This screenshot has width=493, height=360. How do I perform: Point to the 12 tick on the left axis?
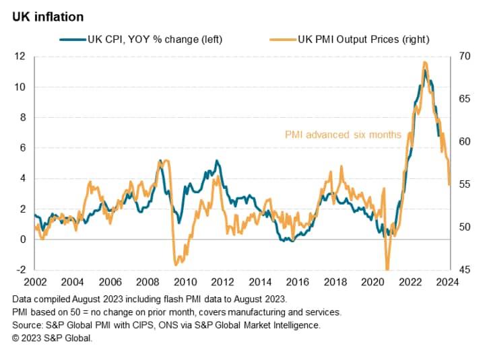pos(20,57)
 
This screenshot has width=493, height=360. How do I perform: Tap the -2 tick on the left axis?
pos(20,270)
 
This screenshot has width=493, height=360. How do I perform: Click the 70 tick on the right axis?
pos(465,57)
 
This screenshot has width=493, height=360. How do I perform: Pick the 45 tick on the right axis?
pos(465,270)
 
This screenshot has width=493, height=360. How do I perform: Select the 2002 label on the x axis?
pos(35,282)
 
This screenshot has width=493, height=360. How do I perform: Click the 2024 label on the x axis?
pos(447,282)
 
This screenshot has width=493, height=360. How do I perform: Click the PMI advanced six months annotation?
pos(343,135)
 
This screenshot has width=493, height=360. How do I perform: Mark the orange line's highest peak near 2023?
pos(424,63)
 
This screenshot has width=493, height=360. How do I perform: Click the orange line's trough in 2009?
pos(176,263)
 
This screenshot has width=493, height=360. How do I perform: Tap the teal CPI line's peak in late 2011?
pos(216,161)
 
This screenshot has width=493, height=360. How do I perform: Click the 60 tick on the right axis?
pos(465,142)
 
